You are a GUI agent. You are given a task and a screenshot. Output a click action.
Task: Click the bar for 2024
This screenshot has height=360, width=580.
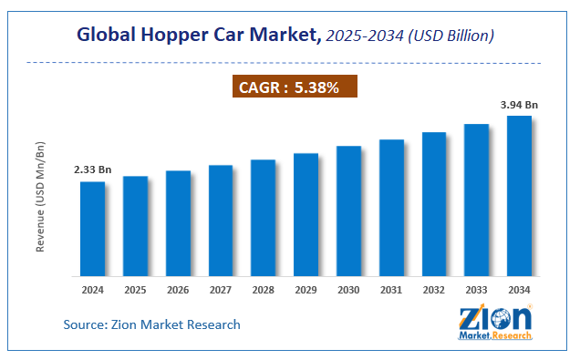(x=92, y=229)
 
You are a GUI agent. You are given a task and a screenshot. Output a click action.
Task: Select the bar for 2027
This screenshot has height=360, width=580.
(x=221, y=221)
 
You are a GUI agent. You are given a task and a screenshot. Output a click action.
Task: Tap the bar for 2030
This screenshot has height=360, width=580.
(x=348, y=211)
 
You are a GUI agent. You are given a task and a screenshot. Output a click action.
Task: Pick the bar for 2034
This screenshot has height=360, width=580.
(x=519, y=196)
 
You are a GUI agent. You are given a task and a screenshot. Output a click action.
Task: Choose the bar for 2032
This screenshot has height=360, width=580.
(x=434, y=204)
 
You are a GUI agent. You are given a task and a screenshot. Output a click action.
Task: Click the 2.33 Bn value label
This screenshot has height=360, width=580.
(x=92, y=170)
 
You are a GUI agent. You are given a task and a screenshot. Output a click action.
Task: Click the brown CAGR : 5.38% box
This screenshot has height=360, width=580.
(x=290, y=87)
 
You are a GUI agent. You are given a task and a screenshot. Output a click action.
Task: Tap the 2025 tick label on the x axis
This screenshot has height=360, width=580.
(x=135, y=291)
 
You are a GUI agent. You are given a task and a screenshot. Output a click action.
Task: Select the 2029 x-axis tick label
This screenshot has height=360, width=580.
(x=306, y=291)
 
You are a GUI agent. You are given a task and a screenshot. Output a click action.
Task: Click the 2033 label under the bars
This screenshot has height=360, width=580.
(x=476, y=291)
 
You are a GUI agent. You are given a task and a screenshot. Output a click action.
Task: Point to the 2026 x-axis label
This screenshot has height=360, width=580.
(x=178, y=291)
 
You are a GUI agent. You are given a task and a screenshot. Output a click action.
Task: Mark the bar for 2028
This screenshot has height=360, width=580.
(x=263, y=218)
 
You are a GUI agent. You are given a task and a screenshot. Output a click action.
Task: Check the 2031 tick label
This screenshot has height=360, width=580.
(x=391, y=291)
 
